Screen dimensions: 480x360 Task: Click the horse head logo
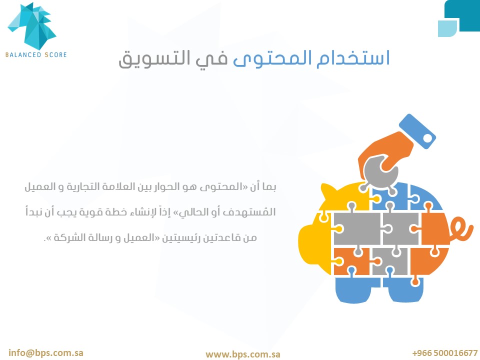tap(32, 26)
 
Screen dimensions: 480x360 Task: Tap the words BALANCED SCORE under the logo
tap(36, 55)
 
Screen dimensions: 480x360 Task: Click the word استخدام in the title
tap(353, 57)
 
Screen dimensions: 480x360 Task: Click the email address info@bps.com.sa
tap(46, 352)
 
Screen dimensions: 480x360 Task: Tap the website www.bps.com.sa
tap(243, 354)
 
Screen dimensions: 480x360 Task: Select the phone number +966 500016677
tap(445, 353)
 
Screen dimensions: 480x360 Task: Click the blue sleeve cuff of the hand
tap(417, 131)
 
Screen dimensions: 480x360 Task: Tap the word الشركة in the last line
tap(67, 237)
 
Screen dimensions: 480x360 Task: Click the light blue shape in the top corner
tap(447, 28)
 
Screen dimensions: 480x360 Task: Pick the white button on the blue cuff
tap(427, 138)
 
